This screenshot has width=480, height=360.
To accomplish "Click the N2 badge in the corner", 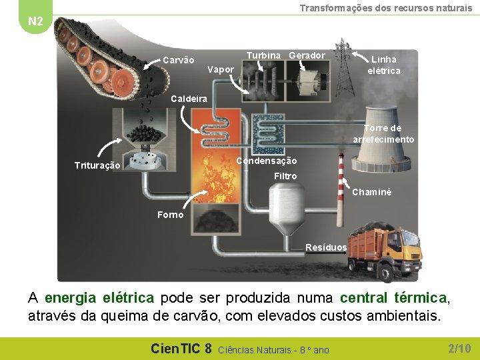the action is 35,21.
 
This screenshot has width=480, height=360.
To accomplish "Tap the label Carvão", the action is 179,61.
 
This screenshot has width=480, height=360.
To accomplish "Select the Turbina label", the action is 263,55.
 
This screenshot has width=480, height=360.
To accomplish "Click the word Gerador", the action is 307,55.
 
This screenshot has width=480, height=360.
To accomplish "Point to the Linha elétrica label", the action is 385,65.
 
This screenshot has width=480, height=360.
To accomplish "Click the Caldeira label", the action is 189,99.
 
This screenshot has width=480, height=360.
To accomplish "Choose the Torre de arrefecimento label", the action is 383,134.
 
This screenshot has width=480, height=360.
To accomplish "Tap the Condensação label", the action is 267,161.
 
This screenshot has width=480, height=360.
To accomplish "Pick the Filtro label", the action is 285,176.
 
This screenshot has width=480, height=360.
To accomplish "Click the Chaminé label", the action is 371,192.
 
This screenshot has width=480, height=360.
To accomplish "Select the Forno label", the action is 171,214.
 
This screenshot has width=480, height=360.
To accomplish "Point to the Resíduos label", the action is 326,247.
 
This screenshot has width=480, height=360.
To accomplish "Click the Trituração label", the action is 97,165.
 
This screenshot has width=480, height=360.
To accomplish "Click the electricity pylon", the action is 343,67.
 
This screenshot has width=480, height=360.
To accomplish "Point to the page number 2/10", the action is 459,348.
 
